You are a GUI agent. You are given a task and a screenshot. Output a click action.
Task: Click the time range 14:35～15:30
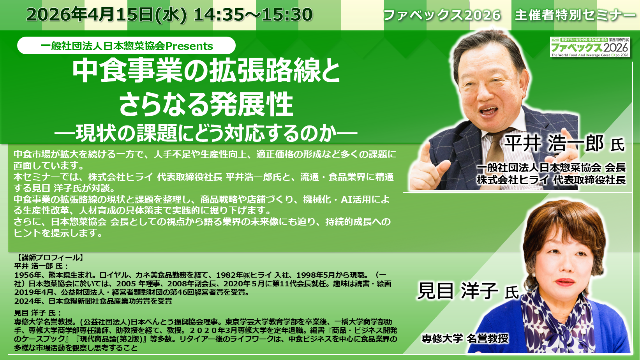point(253,15)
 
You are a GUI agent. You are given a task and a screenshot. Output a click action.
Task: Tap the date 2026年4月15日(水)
point(107,15)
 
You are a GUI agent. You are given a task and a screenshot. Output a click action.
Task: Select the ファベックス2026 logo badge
point(590,47)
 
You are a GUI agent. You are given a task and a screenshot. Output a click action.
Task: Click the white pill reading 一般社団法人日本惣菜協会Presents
point(126,46)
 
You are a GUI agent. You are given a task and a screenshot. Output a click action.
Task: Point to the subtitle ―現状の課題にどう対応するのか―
point(206,133)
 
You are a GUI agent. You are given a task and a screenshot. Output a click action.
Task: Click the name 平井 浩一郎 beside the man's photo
point(554,143)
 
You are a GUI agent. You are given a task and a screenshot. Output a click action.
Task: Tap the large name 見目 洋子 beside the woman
point(457,291)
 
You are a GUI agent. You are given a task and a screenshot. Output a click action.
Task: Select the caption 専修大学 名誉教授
point(465,338)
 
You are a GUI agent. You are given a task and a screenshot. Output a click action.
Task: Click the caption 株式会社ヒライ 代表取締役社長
point(551,180)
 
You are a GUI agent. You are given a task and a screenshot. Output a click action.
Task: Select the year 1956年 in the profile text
point(26,275)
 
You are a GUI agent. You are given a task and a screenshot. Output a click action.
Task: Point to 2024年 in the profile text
point(26,301)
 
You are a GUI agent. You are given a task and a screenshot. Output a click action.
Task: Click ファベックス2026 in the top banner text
point(442,15)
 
